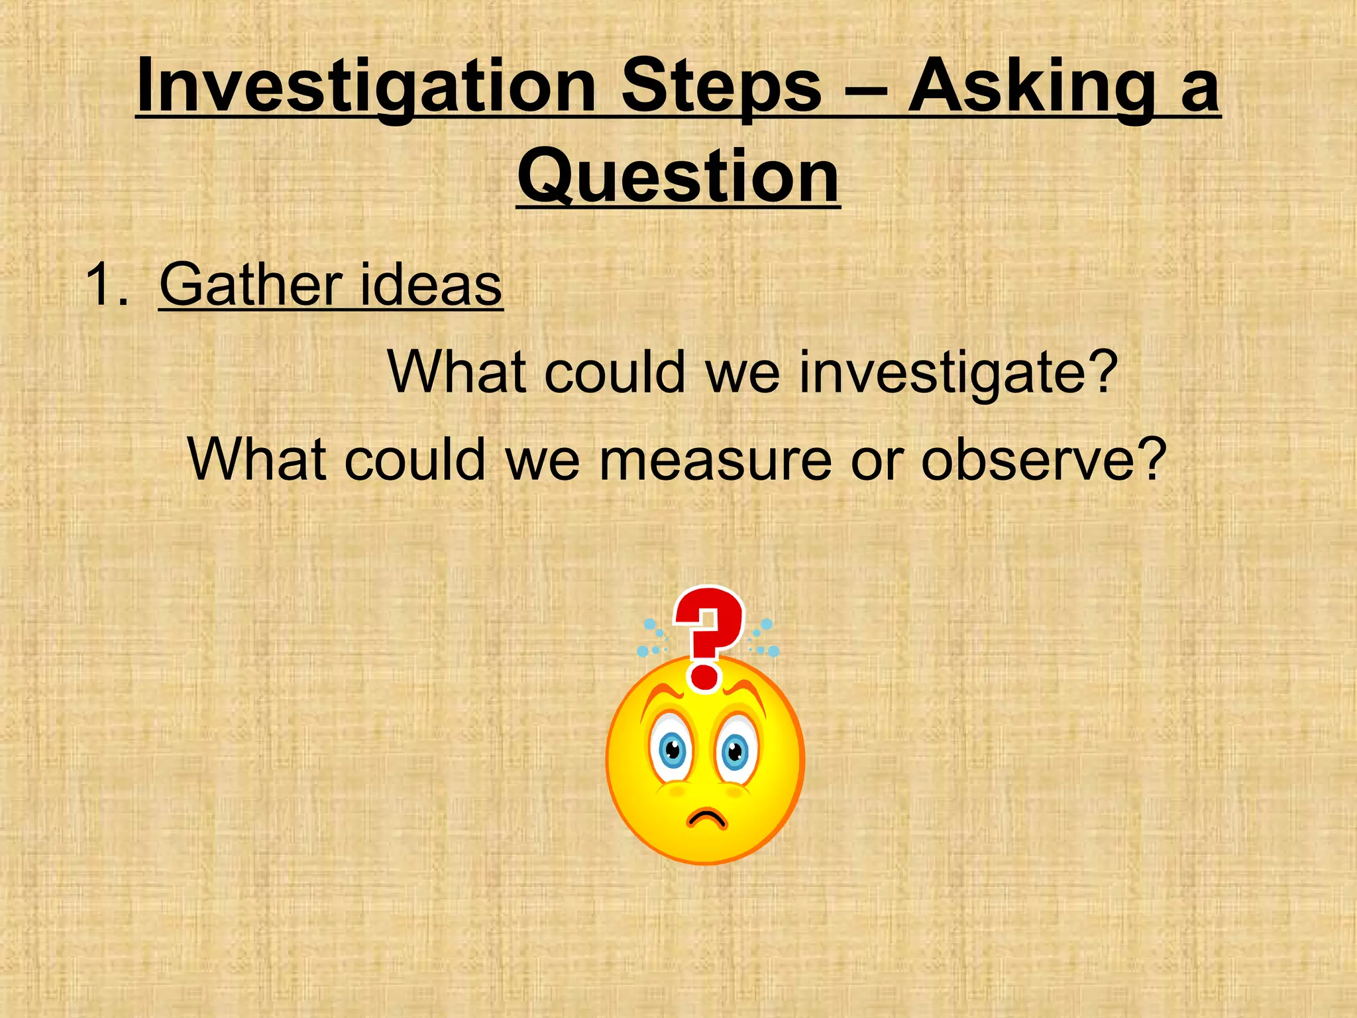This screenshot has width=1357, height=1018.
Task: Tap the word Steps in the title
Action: (x=722, y=86)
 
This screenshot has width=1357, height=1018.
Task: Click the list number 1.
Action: (x=106, y=285)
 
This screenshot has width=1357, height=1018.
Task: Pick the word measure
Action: (x=715, y=460)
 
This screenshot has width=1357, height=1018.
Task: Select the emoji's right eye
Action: (x=735, y=752)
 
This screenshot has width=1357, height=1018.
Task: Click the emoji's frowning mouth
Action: (x=707, y=819)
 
